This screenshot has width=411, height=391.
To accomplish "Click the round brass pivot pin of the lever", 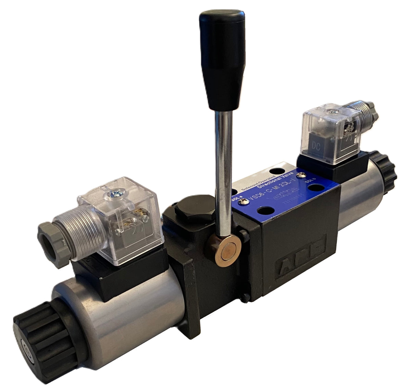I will [226, 253].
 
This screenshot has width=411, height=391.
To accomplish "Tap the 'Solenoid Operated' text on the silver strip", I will [256, 184].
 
